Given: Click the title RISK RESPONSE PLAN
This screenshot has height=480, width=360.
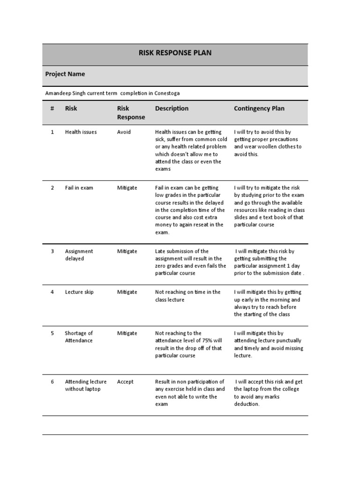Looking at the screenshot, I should (175, 53).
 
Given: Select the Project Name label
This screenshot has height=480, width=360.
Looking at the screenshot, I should (65, 74).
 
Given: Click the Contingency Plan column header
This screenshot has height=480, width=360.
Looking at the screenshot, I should (259, 108).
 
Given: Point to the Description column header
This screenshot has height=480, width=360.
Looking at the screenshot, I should (172, 108).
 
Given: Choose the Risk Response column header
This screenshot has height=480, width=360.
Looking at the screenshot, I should (131, 112).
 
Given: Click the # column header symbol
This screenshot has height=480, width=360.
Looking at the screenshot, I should (52, 108).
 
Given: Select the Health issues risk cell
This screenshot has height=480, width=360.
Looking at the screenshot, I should (81, 132).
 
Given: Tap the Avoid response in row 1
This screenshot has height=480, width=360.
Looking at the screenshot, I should (124, 132).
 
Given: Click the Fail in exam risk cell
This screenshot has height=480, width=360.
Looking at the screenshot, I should (79, 188).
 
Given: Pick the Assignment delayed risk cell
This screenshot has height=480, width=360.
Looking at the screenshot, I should (79, 255).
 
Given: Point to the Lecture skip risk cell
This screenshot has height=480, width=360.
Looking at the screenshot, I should (79, 292).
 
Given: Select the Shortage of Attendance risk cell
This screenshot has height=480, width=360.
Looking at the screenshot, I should (79, 337).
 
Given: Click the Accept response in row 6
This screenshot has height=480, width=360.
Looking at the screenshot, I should (125, 382).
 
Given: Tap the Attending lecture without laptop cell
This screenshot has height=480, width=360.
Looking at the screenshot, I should (86, 385).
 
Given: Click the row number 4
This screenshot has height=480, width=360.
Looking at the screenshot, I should (52, 292).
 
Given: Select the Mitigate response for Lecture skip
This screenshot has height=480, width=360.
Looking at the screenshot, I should (127, 292).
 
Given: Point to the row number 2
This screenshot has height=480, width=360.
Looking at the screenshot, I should (52, 188).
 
